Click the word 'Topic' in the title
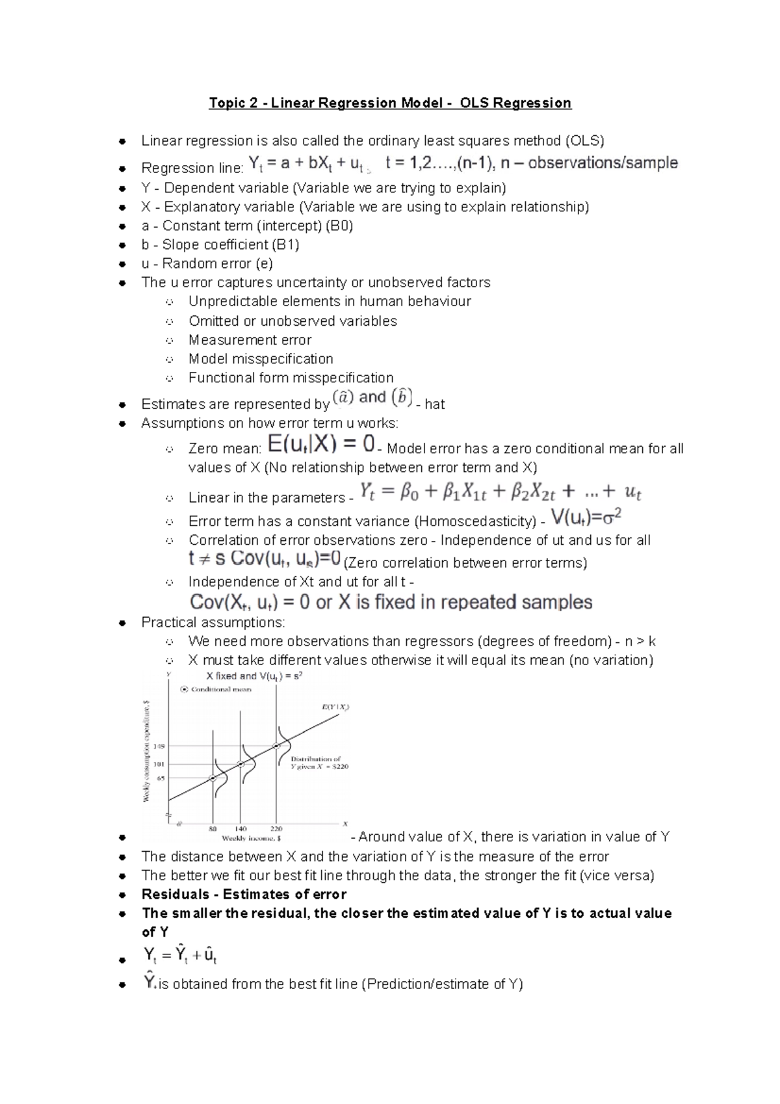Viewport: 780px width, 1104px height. [x=226, y=103]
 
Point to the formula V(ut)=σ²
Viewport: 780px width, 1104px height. [x=586, y=518]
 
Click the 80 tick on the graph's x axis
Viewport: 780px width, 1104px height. [x=213, y=828]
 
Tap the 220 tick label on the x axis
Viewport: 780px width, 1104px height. [x=276, y=828]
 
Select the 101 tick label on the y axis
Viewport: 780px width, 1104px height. [x=159, y=764]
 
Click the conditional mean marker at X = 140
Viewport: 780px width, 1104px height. [x=240, y=764]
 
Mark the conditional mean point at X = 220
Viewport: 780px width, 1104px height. [x=277, y=746]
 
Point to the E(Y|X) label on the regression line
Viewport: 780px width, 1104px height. [x=335, y=707]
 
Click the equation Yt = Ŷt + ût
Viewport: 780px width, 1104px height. [x=180, y=956]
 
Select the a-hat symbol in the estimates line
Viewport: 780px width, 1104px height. [x=344, y=397]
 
